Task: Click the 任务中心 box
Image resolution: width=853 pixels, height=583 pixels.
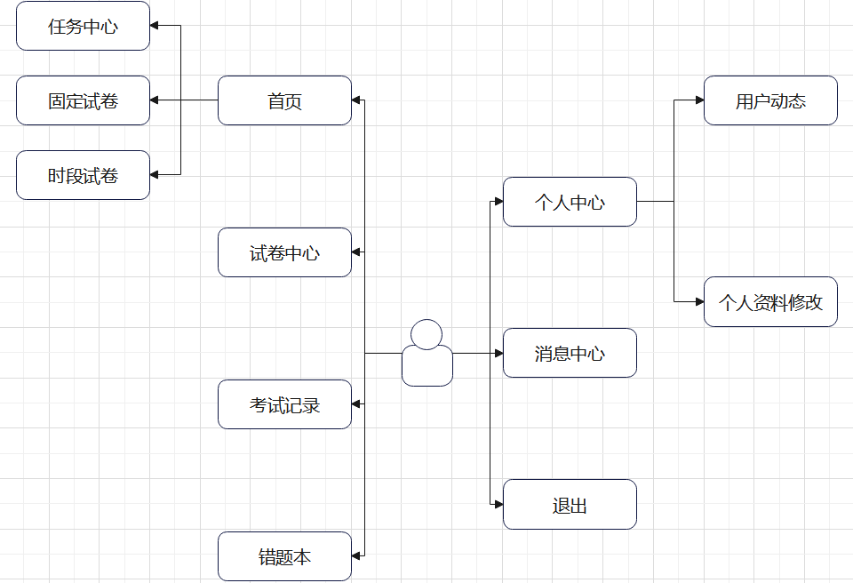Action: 83,26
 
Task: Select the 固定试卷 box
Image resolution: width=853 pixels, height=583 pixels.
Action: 83,100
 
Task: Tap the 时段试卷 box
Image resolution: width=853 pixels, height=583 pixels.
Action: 83,175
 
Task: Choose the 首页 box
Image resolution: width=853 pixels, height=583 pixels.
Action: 284,100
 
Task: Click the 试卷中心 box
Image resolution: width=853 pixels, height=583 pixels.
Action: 284,252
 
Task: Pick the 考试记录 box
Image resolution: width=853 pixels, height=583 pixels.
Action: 284,404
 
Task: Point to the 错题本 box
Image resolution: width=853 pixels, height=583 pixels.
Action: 284,556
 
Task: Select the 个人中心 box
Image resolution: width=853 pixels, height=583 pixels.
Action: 570,202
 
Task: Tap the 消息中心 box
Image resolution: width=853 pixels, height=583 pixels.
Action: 570,353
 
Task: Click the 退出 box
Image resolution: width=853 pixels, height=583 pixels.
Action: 570,505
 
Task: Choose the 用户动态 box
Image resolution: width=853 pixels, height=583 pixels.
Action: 770,100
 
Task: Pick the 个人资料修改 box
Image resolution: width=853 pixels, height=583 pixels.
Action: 770,302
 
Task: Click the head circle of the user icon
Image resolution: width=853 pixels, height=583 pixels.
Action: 426,334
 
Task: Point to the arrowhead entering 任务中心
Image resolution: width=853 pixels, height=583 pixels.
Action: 155,26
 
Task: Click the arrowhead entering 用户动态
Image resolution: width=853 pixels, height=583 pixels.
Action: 699,100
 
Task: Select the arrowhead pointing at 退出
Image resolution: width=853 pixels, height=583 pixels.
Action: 498,505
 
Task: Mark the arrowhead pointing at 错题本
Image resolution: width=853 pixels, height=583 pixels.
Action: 356,556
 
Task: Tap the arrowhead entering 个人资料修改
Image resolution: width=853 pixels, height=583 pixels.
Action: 699,302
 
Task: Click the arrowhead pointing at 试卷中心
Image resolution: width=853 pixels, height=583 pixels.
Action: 356,252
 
